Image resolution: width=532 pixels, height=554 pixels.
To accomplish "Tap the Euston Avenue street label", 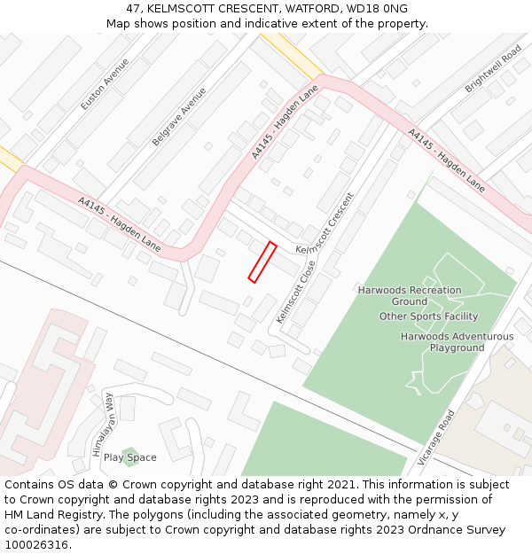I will (x=105, y=84).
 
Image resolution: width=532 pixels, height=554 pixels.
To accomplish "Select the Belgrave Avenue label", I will (x=179, y=116).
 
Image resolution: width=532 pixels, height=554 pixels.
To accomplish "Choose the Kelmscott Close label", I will (x=296, y=291).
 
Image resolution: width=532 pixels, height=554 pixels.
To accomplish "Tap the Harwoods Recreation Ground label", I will (x=410, y=295).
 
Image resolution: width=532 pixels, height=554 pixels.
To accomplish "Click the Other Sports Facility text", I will (x=428, y=316).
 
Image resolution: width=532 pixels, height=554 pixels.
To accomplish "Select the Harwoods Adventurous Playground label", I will (x=457, y=342).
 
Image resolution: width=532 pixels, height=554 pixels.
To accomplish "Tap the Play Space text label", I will (x=129, y=457).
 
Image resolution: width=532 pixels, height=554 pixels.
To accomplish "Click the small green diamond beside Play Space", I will (x=130, y=451).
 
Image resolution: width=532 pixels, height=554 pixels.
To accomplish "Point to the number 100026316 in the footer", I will (x=36, y=545).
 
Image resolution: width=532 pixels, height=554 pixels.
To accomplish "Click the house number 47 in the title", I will (x=134, y=8).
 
